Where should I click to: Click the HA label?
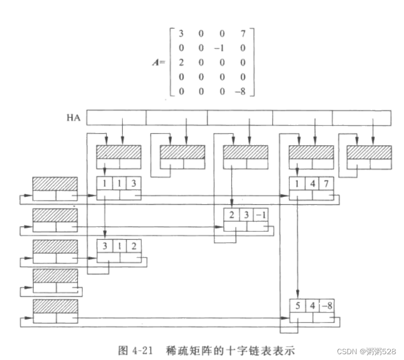click(73, 117)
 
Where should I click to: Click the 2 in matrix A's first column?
click(181, 62)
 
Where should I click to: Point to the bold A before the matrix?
click(155, 62)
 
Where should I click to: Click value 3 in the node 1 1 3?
click(133, 183)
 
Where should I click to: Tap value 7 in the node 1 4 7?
click(326, 183)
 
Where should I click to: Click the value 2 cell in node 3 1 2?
click(133, 245)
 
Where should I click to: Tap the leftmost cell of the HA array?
click(116, 117)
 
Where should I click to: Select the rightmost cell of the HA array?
click(362, 117)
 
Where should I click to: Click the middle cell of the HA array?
click(240, 117)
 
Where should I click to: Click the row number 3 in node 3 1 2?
click(104, 245)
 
